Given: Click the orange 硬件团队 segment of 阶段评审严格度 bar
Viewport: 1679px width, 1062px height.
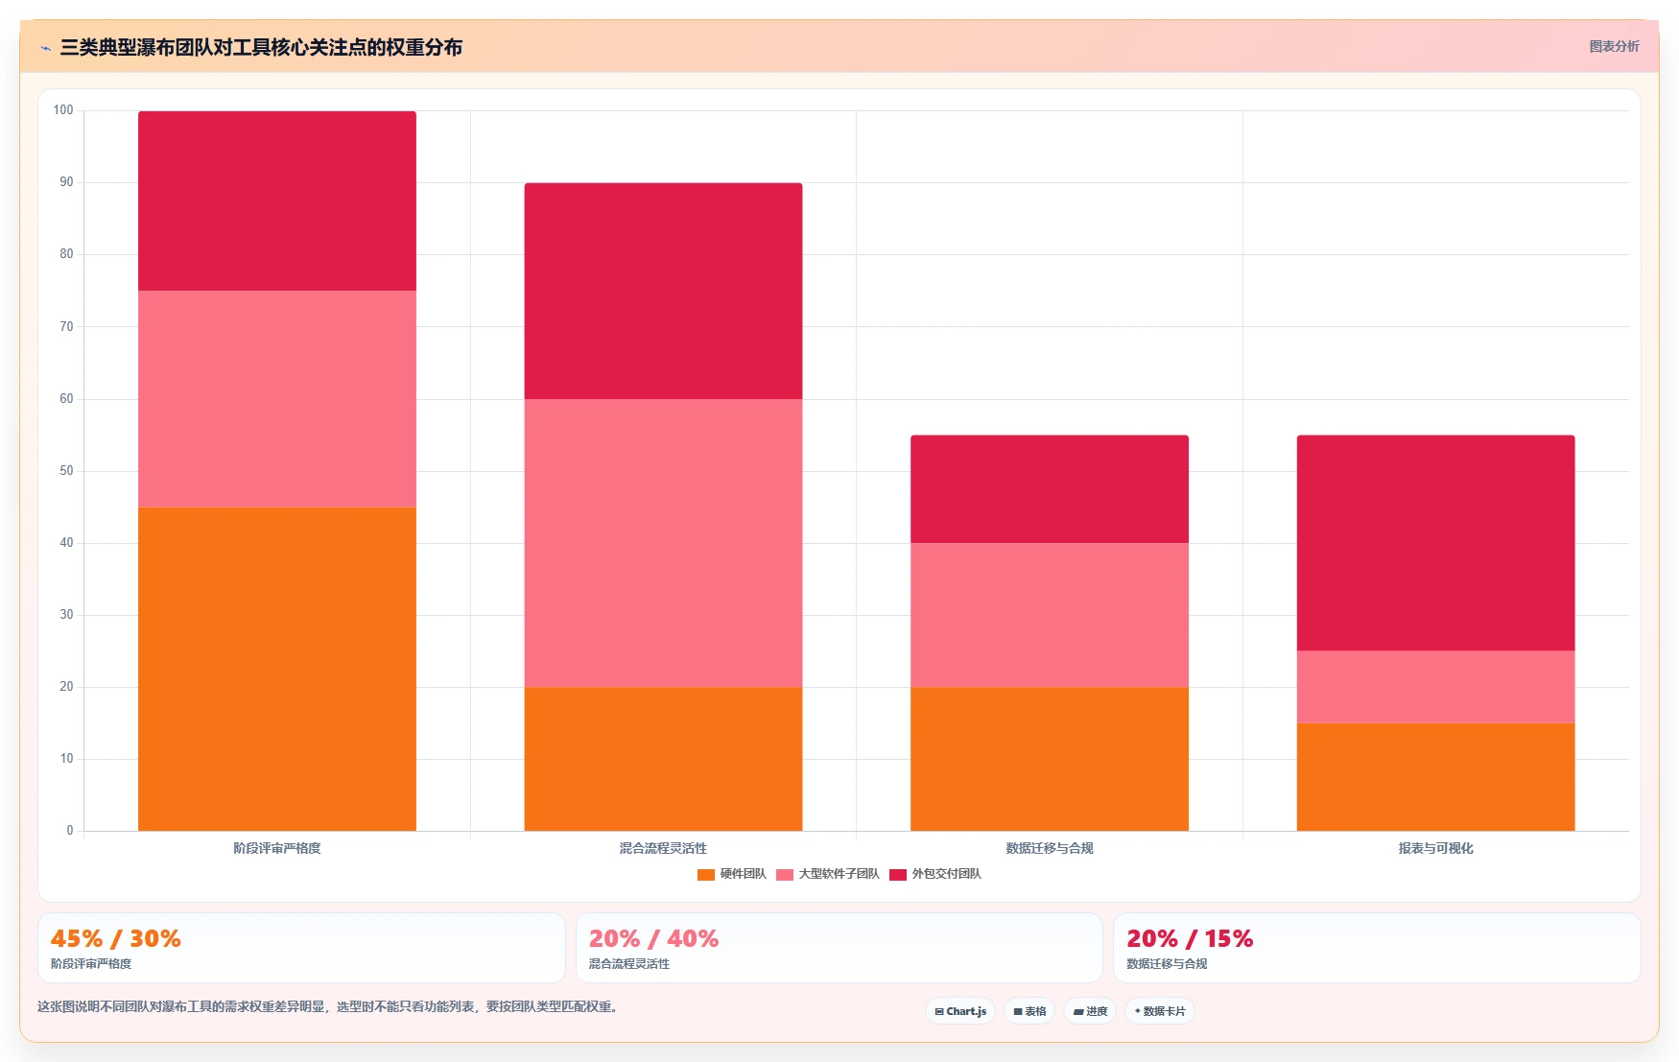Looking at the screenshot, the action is click(x=277, y=669).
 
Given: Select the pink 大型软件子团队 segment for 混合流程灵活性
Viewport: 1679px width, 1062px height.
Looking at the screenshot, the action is click(x=663, y=543).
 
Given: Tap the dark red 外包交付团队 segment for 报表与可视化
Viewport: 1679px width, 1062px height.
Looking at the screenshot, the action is click(x=1435, y=543).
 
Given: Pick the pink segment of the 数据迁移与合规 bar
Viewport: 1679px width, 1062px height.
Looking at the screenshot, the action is click(x=1050, y=615).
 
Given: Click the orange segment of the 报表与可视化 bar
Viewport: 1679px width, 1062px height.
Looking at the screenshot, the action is click(x=1435, y=777).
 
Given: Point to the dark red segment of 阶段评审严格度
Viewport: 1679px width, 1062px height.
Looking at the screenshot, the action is click(x=277, y=201).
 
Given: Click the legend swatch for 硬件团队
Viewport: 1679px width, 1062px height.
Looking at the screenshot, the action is click(x=706, y=874).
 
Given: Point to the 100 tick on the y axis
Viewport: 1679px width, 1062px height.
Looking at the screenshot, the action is click(x=63, y=110).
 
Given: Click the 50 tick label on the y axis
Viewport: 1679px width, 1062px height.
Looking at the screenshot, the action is click(x=66, y=471).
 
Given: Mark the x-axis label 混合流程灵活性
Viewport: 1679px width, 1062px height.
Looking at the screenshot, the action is click(x=663, y=848).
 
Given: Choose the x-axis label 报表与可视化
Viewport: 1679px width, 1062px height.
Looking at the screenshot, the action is click(x=1435, y=848).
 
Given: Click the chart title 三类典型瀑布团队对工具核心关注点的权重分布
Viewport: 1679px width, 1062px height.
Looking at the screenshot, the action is click(x=261, y=47).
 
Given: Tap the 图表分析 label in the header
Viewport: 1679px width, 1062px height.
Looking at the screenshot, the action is click(x=1614, y=46).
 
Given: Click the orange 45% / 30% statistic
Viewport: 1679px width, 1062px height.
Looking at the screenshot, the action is click(x=116, y=938).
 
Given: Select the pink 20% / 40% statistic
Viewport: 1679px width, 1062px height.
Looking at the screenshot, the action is click(x=653, y=938).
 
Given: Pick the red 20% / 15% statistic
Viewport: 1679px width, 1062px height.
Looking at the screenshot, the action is click(x=1190, y=938).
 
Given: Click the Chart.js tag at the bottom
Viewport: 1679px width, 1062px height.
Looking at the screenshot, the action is click(x=960, y=1011).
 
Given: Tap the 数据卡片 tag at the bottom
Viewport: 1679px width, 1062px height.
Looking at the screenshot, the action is click(x=1160, y=1011).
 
